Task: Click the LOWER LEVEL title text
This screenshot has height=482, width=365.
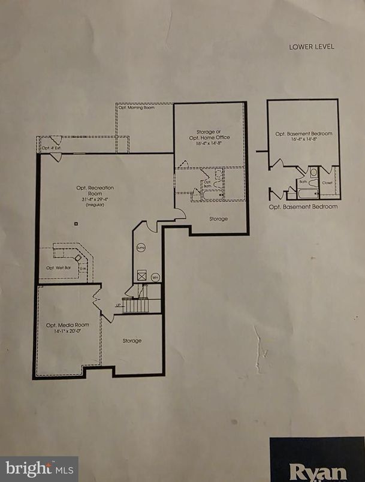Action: click(x=311, y=46)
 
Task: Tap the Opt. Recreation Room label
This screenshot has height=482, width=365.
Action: click(x=95, y=191)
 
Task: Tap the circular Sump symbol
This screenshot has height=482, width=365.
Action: click(x=141, y=246)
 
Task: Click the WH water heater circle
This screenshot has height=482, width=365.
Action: click(x=155, y=277)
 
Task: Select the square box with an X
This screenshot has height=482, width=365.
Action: click(x=141, y=275)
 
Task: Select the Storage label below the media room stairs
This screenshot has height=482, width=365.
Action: click(x=132, y=341)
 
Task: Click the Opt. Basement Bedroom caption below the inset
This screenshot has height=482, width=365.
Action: click(x=303, y=207)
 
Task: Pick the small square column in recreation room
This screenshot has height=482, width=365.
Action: click(x=76, y=224)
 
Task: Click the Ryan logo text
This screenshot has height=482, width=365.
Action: click(x=318, y=470)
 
